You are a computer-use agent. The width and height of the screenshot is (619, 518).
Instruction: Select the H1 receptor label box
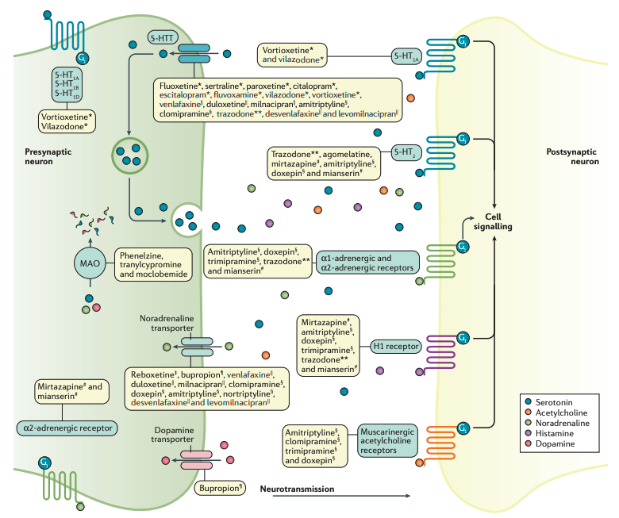395,346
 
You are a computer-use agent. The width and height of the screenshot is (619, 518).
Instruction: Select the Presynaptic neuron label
39,155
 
